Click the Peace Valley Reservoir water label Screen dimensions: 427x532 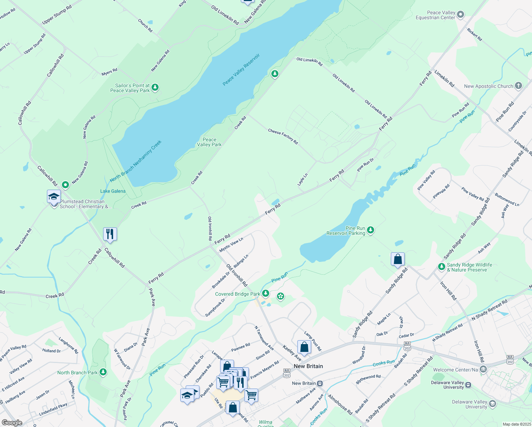pos(241,70)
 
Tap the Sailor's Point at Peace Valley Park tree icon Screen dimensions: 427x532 pos(155,88)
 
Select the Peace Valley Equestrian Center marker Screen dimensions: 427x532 pos(461,15)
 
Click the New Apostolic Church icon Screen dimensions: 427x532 pos(518,86)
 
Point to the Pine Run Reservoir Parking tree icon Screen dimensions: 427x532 pos(371,230)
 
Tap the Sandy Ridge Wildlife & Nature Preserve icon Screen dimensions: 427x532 pos(441,267)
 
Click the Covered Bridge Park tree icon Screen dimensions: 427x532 pos(265,294)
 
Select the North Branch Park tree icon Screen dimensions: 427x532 pos(103,372)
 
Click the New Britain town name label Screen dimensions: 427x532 pos(308,366)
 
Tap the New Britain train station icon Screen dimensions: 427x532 pos(320,383)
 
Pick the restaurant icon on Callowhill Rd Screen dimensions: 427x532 pos(110,234)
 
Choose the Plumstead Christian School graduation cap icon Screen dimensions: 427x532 pos(54,197)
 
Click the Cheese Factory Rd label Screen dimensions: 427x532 pos(283,137)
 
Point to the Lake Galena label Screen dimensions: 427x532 pos(113,191)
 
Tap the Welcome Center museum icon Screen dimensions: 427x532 pos(483,370)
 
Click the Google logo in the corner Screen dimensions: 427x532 pos(12,422)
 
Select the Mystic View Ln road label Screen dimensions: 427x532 pos(231,245)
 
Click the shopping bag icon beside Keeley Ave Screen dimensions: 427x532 pos(304,347)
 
